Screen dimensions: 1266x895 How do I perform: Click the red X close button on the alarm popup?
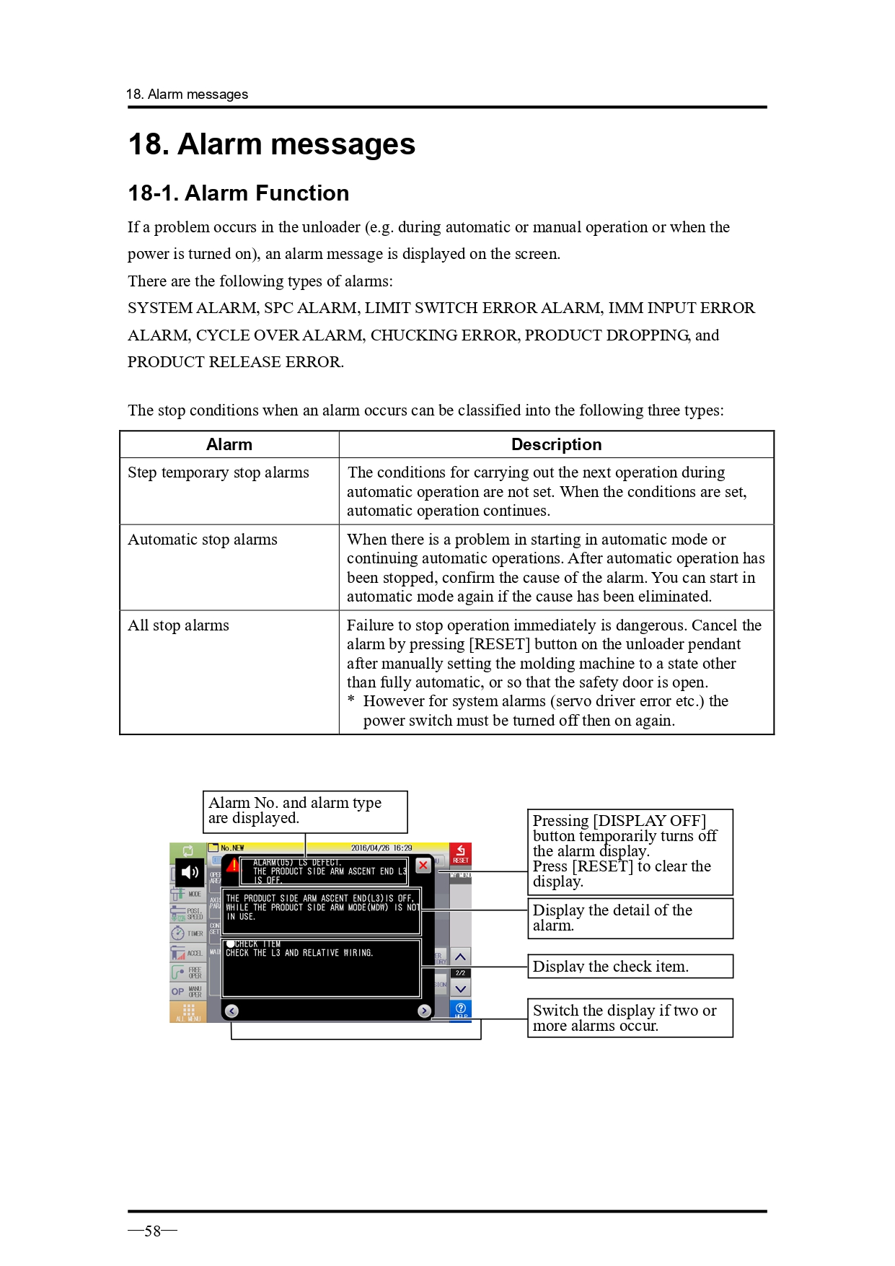pos(423,866)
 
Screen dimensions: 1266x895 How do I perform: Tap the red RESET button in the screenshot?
pos(460,854)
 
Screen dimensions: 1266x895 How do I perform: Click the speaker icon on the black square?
pos(190,872)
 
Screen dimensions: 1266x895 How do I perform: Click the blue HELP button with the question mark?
pos(461,1009)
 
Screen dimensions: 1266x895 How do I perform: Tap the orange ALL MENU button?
pos(188,1012)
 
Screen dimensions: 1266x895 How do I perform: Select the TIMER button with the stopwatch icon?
pos(188,933)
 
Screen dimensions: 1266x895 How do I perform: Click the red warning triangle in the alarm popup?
pos(232,865)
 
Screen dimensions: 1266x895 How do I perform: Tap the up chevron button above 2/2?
pos(460,957)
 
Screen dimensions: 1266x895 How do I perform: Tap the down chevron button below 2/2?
pos(460,989)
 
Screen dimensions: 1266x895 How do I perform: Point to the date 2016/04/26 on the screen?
pos(371,848)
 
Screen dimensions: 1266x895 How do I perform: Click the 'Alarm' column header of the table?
pos(229,444)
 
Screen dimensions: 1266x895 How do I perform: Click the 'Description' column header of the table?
pos(556,444)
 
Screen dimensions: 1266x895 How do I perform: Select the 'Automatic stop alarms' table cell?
pos(203,540)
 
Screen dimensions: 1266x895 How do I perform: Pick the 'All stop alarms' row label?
pos(179,625)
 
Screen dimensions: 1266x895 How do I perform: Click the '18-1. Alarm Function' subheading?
pos(238,193)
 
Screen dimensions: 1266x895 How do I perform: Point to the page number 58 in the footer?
pos(152,1231)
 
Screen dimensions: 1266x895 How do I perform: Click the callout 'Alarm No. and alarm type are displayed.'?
pos(304,811)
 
